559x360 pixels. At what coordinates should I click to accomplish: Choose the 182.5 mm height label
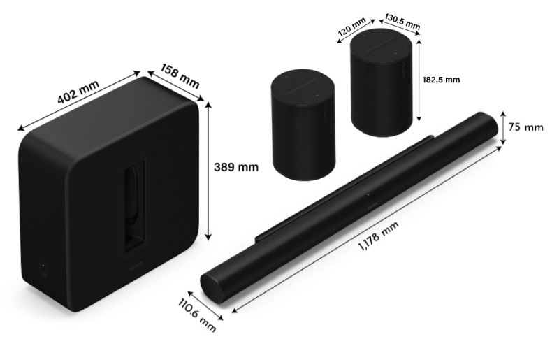[442, 80]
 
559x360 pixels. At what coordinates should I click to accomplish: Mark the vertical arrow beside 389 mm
[208, 169]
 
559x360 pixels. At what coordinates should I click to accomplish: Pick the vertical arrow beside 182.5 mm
[419, 80]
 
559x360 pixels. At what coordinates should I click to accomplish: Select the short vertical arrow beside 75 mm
[502, 127]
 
